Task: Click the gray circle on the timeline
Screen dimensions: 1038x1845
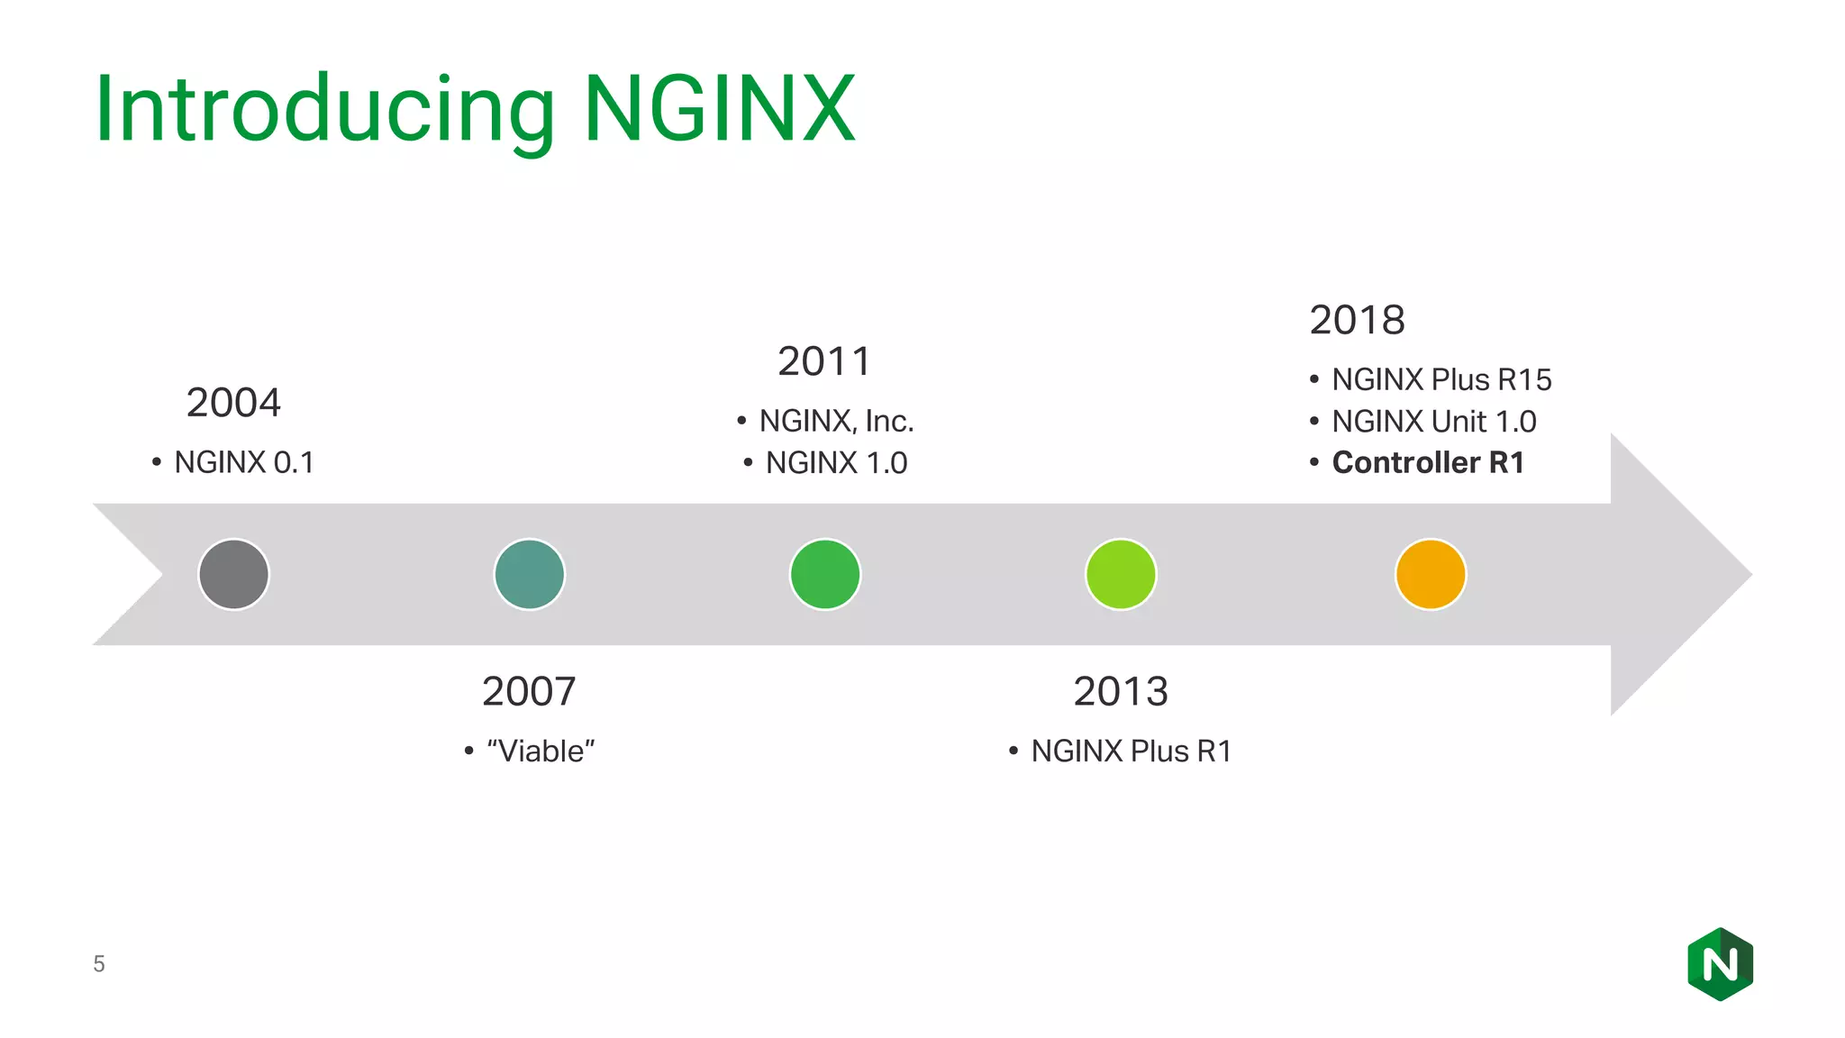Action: pos(233,574)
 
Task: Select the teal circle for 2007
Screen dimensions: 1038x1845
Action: pos(529,574)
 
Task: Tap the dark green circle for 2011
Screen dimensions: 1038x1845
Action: pos(824,574)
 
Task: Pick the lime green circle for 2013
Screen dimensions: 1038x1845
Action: pos(1120,574)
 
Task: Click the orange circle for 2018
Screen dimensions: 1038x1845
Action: pos(1430,574)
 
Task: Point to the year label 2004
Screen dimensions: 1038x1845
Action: pos(233,403)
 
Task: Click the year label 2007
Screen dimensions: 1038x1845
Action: pos(529,691)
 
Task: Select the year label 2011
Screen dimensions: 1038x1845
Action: pos(824,361)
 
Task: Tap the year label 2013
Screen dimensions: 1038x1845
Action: pos(1120,691)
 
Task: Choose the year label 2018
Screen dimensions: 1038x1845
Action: pos(1357,320)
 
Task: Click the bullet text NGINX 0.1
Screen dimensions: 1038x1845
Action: pos(244,462)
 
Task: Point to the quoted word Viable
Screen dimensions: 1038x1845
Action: pos(541,751)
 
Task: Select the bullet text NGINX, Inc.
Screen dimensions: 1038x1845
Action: pos(836,421)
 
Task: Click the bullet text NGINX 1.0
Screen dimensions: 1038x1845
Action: pos(836,462)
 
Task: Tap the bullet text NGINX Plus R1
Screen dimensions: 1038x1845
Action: pos(1131,751)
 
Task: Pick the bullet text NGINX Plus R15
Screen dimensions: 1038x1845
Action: pos(1441,379)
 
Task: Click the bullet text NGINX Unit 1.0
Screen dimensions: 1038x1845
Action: pos(1434,421)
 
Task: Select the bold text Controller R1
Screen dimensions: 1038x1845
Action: pos(1428,462)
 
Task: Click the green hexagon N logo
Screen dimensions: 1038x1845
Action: pos(1720,964)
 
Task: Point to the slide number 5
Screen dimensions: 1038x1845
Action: pos(99,964)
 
